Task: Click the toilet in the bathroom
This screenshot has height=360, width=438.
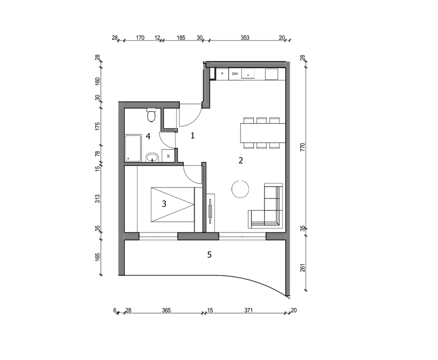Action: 151,115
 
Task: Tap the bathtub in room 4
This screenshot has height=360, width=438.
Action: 133,148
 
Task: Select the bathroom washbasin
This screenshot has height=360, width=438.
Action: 152,158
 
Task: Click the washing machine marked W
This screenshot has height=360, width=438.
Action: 168,156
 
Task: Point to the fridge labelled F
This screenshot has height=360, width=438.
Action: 222,74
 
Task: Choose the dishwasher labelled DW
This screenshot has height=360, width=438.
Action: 235,74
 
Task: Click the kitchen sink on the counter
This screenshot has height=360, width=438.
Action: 248,73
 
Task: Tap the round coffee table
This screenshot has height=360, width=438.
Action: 240,189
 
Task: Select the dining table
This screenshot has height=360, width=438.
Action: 263,133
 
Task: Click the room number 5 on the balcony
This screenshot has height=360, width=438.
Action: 209,255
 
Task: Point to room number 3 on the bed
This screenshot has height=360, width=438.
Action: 164,204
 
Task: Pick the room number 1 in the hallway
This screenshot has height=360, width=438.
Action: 192,136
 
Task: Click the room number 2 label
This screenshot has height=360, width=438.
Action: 240,161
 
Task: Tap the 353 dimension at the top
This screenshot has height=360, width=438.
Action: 245,38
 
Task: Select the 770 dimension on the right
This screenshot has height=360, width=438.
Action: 303,147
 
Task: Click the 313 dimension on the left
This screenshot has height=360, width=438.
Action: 97,199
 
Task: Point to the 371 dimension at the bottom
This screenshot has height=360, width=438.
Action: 248,310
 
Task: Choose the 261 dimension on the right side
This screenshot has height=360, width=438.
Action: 303,267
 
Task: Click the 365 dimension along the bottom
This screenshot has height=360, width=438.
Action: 166,310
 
